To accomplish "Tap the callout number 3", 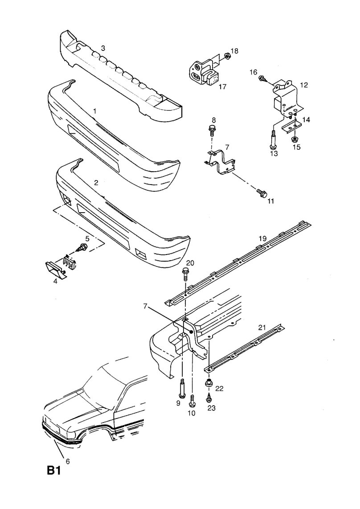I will [103, 48].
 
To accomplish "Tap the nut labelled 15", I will [295, 140].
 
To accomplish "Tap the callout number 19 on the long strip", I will [263, 239].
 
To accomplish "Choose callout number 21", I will [262, 328].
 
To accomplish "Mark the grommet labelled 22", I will [208, 382].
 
